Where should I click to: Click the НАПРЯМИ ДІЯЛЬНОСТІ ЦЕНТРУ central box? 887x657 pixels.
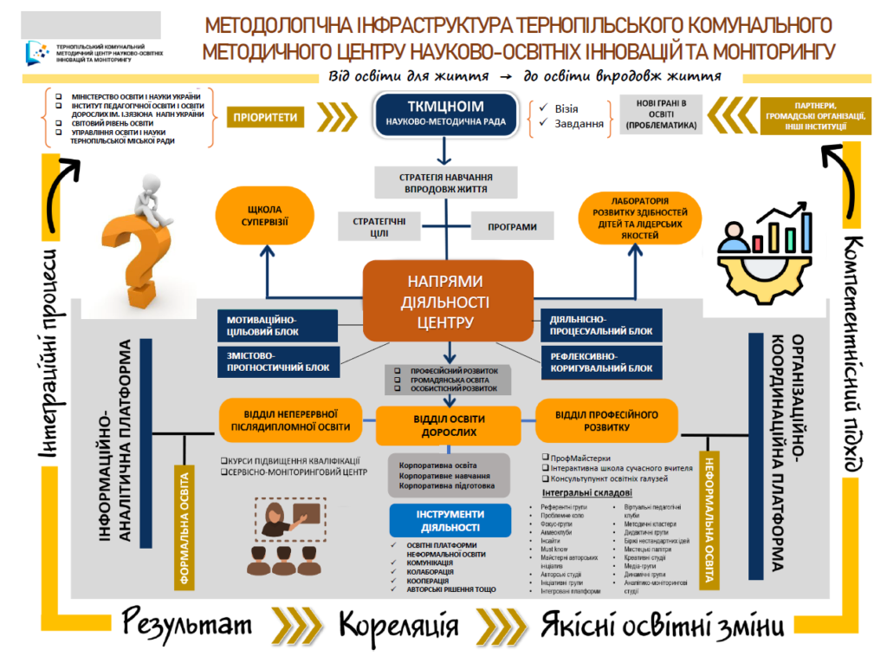pyautogui.click(x=447, y=301)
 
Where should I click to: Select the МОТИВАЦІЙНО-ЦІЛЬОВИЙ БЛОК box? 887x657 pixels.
pyautogui.click(x=276, y=325)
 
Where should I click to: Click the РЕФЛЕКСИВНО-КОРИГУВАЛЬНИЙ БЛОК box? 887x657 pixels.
pyautogui.click(x=601, y=361)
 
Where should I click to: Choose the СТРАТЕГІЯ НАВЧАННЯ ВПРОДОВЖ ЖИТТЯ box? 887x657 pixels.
pyautogui.click(x=445, y=182)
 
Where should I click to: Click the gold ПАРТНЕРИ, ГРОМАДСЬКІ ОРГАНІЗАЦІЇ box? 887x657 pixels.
pyautogui.click(x=806, y=116)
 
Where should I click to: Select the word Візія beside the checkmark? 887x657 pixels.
pyautogui.click(x=566, y=109)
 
